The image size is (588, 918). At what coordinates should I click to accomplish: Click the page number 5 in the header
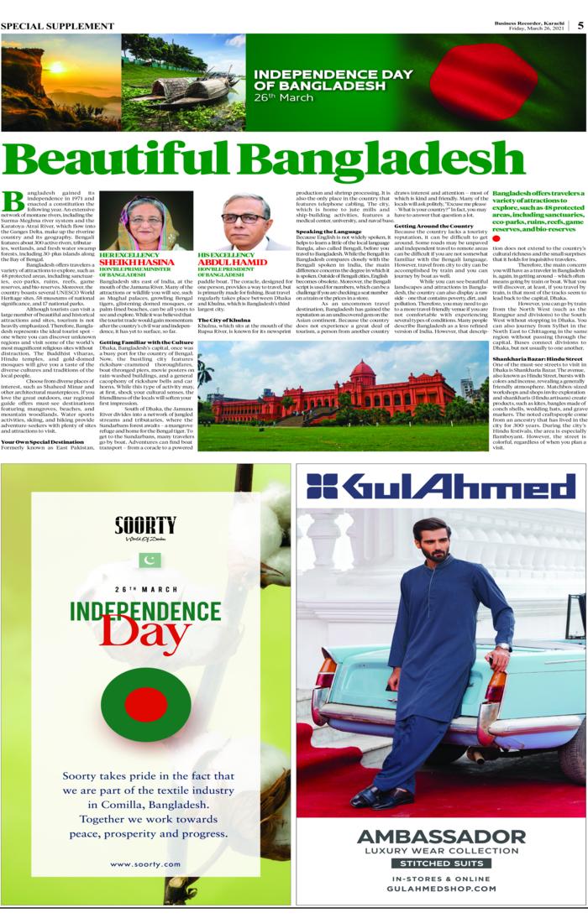pos(580,24)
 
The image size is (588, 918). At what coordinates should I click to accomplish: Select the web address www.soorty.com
pos(145,863)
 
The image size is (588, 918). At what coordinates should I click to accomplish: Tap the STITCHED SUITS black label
pos(441,863)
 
